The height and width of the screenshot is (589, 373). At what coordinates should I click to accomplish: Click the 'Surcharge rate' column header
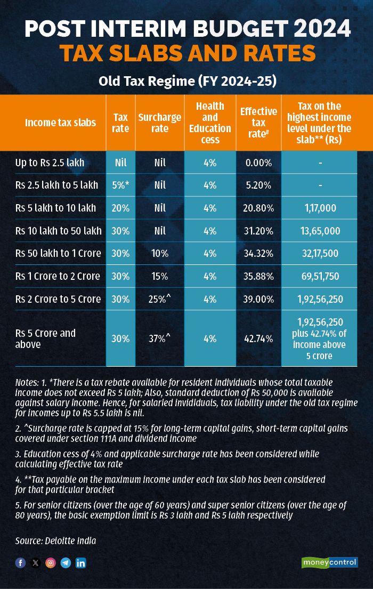pyautogui.click(x=159, y=123)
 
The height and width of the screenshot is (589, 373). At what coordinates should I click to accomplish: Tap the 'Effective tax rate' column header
pyautogui.click(x=258, y=123)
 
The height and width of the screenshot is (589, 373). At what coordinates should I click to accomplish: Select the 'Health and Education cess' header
pyautogui.click(x=210, y=123)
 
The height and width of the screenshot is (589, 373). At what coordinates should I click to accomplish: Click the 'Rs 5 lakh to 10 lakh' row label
pyautogui.click(x=54, y=208)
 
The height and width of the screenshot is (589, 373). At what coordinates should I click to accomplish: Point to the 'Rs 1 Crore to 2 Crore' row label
pyautogui.click(x=58, y=276)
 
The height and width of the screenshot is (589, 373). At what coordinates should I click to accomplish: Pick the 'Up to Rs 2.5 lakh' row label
pyautogui.click(x=50, y=163)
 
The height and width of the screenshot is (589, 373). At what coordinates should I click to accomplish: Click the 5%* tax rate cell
pyautogui.click(x=121, y=185)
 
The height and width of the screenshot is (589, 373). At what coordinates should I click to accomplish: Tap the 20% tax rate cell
pyautogui.click(x=121, y=208)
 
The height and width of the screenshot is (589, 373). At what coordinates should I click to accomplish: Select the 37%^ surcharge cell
pyautogui.click(x=159, y=338)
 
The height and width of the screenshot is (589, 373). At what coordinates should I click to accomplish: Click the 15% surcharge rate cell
pyautogui.click(x=159, y=276)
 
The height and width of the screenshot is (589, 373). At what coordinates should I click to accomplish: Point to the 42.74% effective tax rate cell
pyautogui.click(x=258, y=338)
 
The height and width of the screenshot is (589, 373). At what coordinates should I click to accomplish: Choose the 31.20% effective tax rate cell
pyautogui.click(x=258, y=231)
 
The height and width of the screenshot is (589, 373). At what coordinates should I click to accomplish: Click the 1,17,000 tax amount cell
pyautogui.click(x=319, y=208)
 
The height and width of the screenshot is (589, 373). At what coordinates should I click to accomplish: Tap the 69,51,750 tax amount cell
pyautogui.click(x=319, y=276)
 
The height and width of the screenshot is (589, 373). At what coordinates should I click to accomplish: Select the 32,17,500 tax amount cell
pyautogui.click(x=319, y=253)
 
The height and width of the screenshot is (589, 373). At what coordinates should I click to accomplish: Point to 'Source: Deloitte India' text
pyautogui.click(x=55, y=541)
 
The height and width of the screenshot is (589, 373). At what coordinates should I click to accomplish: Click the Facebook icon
pyautogui.click(x=20, y=563)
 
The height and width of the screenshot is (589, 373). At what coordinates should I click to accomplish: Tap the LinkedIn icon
pyautogui.click(x=80, y=563)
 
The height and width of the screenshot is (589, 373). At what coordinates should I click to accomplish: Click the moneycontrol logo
pyautogui.click(x=330, y=562)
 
